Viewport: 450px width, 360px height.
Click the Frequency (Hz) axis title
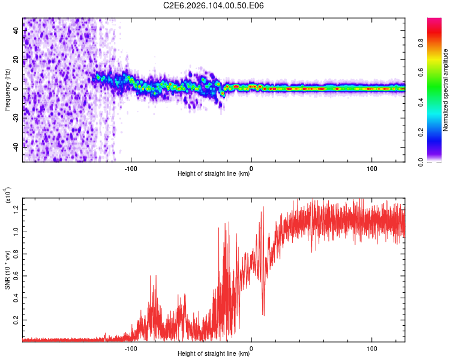pyautogui.click(x=7, y=89)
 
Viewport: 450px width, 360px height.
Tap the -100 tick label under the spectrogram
pyautogui.click(x=131, y=168)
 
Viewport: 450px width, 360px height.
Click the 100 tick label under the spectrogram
pyautogui.click(x=371, y=168)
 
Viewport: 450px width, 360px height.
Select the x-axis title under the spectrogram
pyautogui.click(x=214, y=174)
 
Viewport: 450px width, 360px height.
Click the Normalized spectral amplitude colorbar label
pyautogui.click(x=446, y=90)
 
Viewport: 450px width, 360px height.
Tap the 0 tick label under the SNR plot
pyautogui.click(x=251, y=348)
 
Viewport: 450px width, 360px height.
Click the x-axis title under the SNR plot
pyautogui.click(x=214, y=354)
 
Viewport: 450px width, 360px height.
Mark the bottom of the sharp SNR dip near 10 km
pyautogui.click(x=263, y=315)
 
